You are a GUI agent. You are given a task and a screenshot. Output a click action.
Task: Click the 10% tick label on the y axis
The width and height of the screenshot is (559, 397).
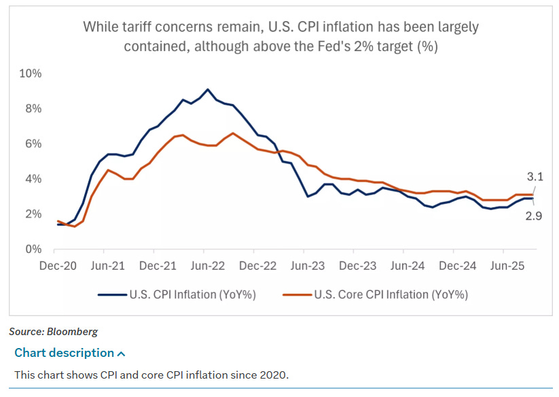point(30,73)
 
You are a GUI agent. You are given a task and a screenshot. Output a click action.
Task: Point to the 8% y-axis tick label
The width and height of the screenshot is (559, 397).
point(32,109)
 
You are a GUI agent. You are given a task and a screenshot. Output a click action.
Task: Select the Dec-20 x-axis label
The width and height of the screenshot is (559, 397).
point(58,266)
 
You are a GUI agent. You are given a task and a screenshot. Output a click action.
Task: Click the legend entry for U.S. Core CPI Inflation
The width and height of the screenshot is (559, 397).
point(391,295)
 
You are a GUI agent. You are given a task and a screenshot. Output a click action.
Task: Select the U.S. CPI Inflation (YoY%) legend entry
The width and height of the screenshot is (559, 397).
point(192,295)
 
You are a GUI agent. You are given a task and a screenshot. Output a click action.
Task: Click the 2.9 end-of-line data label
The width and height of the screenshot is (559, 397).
point(534,216)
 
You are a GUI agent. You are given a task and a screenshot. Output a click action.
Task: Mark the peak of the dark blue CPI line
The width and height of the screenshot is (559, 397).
point(208,89)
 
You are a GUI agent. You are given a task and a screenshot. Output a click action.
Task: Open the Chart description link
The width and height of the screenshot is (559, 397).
point(65,353)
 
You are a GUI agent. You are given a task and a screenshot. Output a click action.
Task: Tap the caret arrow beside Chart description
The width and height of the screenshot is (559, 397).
point(122,353)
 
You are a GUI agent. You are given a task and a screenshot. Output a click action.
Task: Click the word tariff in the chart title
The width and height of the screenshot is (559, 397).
point(132,27)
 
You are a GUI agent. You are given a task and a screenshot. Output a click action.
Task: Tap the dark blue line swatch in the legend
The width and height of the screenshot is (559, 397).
point(112,295)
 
